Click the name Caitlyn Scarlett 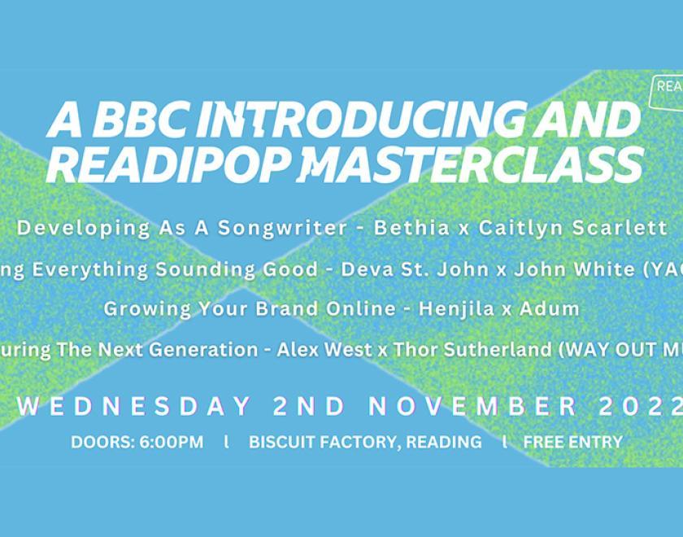pyautogui.click(x=572, y=228)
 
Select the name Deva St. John pyautogui.click(x=435, y=269)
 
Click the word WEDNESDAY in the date pyautogui.click(x=134, y=405)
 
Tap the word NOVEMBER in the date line pyautogui.click(x=473, y=405)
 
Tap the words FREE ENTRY pyautogui.click(x=573, y=443)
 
